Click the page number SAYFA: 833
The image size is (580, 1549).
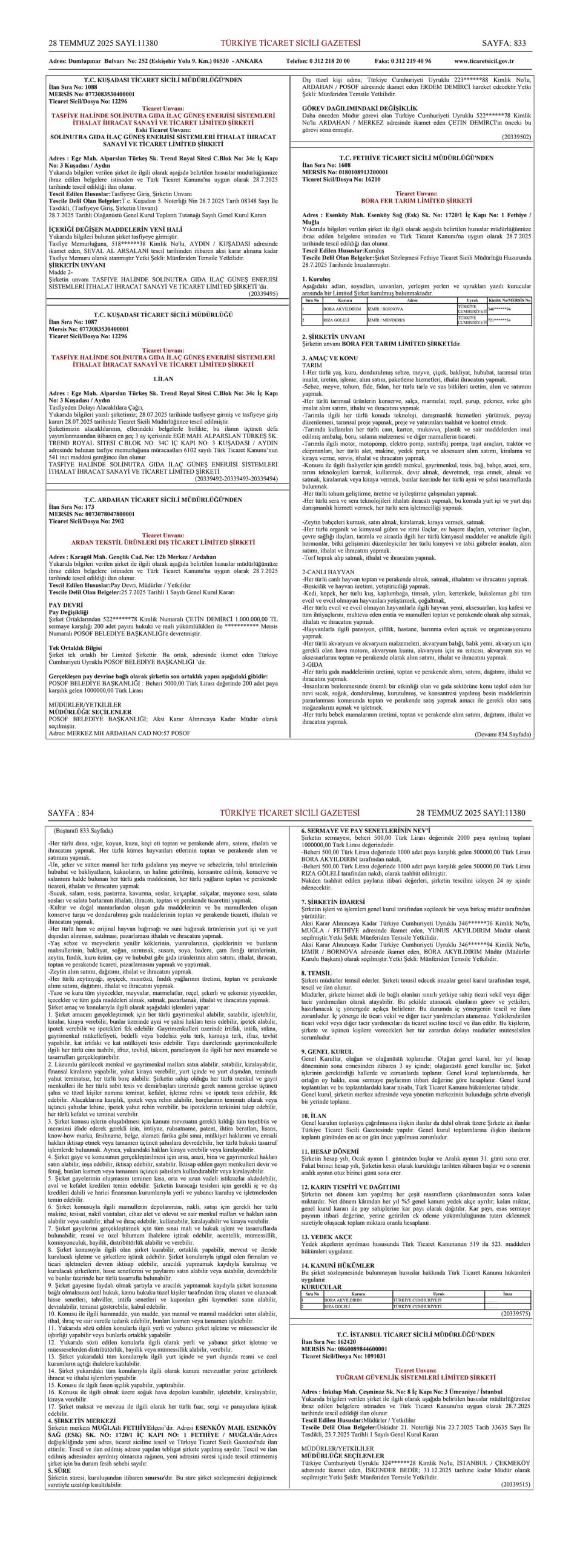[x=504, y=43]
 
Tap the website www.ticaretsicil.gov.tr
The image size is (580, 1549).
[x=484, y=61]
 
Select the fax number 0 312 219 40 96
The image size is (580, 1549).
[x=403, y=61]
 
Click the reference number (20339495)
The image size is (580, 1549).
[x=263, y=293]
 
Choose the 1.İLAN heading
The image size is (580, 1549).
[x=163, y=379]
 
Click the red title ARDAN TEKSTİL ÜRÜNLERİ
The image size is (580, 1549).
[x=163, y=542]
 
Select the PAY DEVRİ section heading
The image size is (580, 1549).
[x=65, y=605]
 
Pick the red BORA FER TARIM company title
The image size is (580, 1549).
[x=416, y=200]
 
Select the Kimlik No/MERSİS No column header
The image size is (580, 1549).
[x=509, y=300]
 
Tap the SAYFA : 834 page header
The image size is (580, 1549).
[x=71, y=813]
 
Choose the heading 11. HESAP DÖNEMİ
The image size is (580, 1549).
[x=330, y=1151]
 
